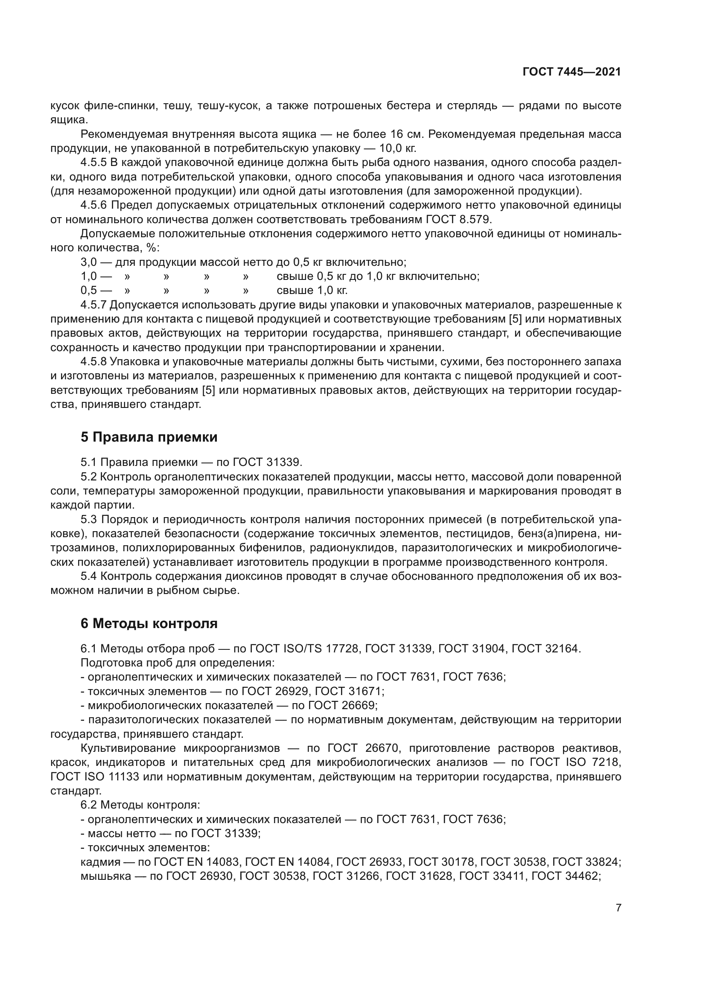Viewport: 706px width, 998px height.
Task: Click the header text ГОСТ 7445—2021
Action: [572, 72]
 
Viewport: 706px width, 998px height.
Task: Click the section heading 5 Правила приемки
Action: [149, 437]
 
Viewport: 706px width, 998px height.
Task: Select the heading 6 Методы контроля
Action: [149, 624]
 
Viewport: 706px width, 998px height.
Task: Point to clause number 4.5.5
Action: [93, 163]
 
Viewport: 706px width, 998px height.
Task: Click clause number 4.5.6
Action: [93, 205]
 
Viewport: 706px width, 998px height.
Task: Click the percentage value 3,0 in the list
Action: [88, 262]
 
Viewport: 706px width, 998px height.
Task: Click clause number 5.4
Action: [88, 576]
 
